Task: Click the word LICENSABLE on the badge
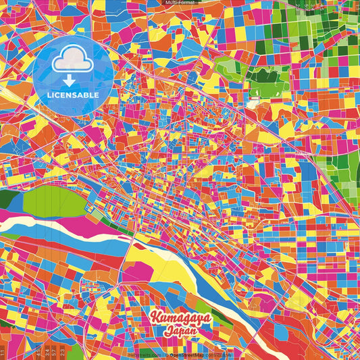(x=73, y=95)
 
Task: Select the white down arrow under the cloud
(x=73, y=80)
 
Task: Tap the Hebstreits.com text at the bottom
(x=144, y=354)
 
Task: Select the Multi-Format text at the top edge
(x=180, y=3)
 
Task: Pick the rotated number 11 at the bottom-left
(x=3, y=352)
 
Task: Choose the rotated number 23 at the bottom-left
(x=63, y=352)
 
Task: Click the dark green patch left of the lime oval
(x=8, y=200)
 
